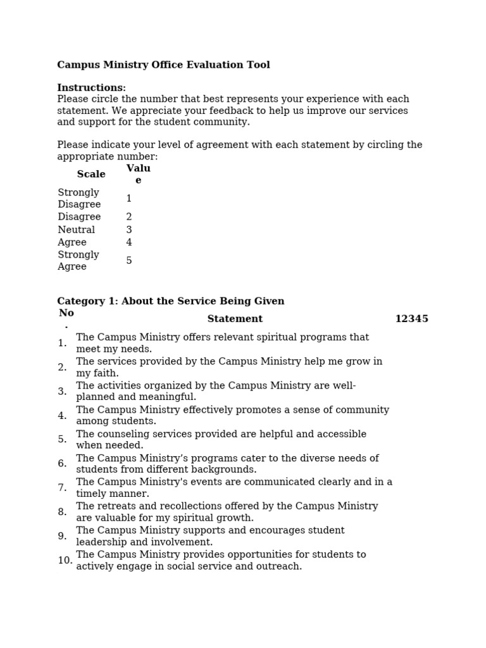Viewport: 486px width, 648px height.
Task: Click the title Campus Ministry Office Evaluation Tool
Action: (x=163, y=65)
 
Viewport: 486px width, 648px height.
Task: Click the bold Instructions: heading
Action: (x=91, y=88)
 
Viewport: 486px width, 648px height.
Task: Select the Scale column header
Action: (x=91, y=174)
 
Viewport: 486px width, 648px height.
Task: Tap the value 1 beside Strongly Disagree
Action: (x=129, y=199)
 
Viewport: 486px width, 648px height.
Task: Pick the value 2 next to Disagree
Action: (x=129, y=217)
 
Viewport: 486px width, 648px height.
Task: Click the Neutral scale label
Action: (x=77, y=230)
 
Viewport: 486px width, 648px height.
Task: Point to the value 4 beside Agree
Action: (x=129, y=242)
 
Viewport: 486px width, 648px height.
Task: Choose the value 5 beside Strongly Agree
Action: (x=129, y=261)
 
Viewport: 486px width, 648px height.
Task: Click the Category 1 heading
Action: (x=171, y=301)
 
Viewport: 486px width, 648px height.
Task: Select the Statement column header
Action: (x=235, y=319)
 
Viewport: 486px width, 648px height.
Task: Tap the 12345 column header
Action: (x=411, y=319)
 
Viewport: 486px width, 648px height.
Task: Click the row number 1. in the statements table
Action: (x=62, y=343)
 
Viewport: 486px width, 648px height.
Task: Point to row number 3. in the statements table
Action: (x=62, y=392)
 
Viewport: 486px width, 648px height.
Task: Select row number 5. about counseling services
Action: (x=62, y=439)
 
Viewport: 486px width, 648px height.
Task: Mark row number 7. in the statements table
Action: (x=62, y=488)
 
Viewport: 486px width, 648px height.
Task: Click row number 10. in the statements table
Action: (x=65, y=561)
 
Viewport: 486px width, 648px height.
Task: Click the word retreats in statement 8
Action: (x=115, y=506)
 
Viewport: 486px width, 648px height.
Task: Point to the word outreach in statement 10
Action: (x=280, y=566)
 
